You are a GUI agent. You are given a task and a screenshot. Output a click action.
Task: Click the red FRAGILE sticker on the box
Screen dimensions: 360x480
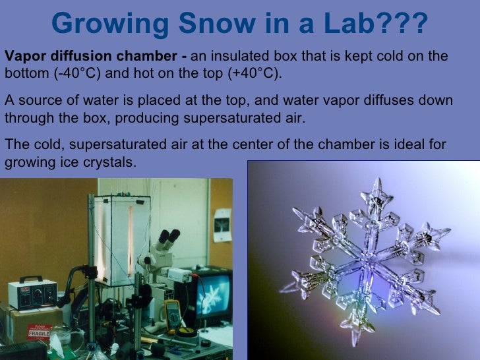pyautogui.click(x=41, y=330)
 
